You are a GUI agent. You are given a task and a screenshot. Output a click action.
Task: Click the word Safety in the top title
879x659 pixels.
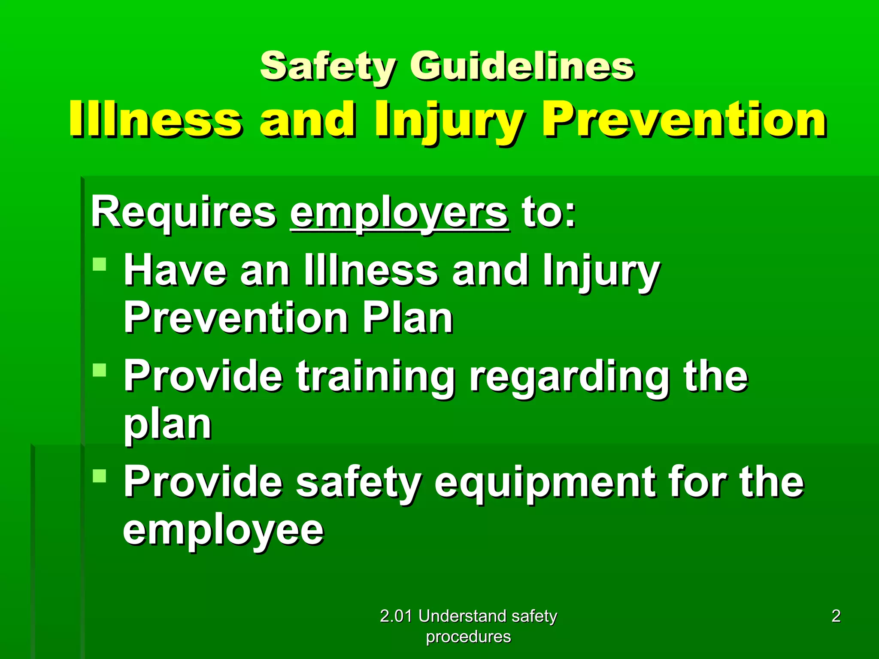click(x=327, y=67)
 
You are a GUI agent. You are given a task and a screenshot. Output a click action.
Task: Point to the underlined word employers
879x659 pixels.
click(x=400, y=213)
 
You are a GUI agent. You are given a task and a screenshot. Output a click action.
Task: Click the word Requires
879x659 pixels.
click(x=184, y=212)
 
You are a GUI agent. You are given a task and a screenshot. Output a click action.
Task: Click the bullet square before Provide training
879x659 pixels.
click(x=99, y=369)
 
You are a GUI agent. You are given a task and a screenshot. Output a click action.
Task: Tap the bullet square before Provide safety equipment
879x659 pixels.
click(x=99, y=475)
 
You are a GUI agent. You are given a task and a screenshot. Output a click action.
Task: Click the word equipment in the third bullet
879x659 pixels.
click(x=545, y=483)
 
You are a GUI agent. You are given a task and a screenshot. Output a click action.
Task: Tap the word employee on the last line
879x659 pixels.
click(x=223, y=531)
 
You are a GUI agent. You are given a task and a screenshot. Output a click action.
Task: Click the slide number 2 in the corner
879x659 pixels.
click(x=836, y=616)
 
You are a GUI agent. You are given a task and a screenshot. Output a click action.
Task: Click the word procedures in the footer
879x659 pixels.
click(x=468, y=637)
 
